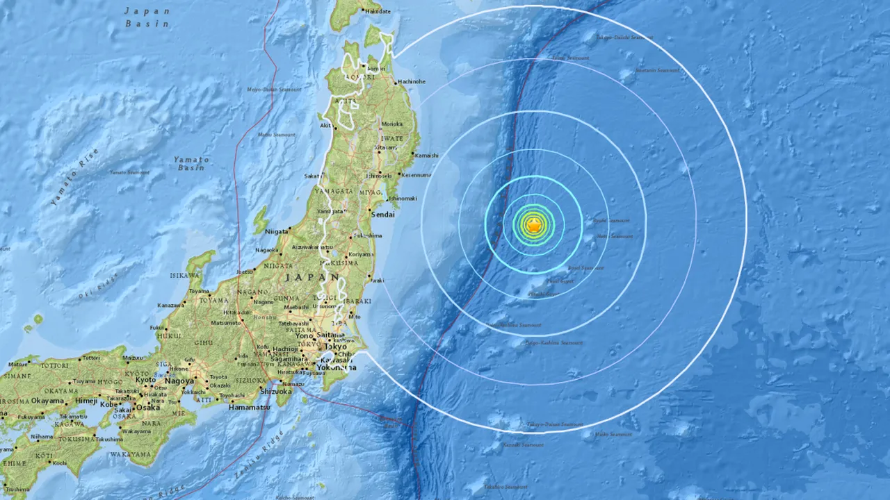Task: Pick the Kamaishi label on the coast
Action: point(426,156)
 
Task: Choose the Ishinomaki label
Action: point(403,199)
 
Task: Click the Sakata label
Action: point(311,176)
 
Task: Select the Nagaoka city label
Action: point(267,250)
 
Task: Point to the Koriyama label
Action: point(361,254)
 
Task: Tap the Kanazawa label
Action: point(171,306)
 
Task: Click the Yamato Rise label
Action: point(75,179)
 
